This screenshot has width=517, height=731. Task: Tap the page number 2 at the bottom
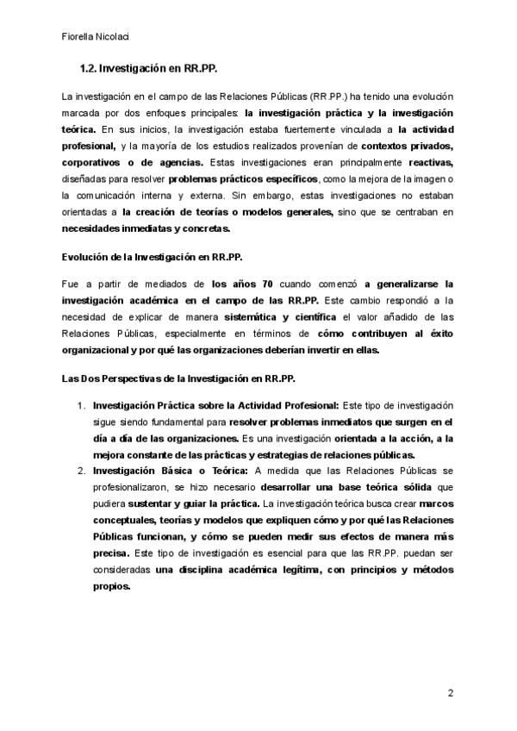pyautogui.click(x=450, y=693)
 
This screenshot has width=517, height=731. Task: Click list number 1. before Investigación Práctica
pyautogui.click(x=82, y=405)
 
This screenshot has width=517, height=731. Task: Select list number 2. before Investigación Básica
pyautogui.click(x=82, y=471)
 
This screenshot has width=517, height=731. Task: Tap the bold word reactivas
pyautogui.click(x=429, y=162)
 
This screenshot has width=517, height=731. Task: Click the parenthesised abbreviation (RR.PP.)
pyautogui.click(x=332, y=97)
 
